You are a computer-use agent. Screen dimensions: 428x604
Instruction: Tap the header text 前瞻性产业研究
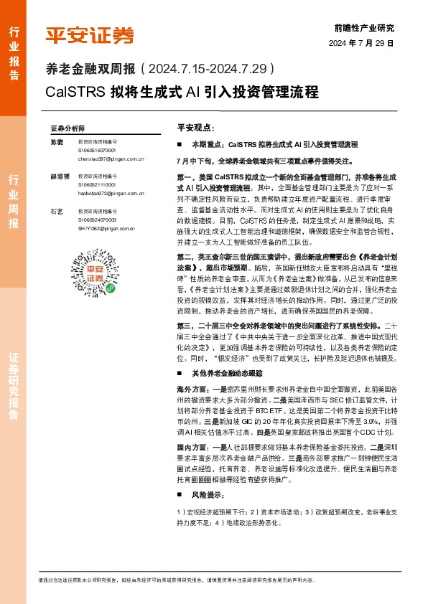364,28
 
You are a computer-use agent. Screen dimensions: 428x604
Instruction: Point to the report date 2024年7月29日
362,43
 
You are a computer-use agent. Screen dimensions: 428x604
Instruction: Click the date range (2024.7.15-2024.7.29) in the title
208,69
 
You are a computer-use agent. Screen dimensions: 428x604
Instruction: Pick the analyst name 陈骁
56,143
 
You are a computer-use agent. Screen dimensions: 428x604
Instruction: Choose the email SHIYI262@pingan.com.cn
108,228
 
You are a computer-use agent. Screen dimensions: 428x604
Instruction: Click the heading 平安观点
195,127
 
